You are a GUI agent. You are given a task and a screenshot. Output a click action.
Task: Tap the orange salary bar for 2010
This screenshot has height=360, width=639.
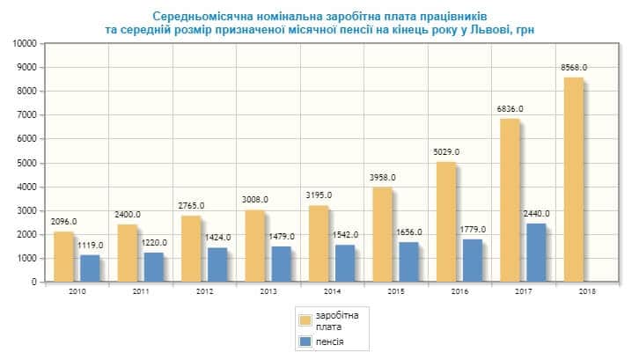click(63, 257)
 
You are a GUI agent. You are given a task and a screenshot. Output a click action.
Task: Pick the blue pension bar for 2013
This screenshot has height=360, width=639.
click(282, 264)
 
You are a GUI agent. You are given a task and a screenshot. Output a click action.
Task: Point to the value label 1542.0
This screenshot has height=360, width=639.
click(345, 235)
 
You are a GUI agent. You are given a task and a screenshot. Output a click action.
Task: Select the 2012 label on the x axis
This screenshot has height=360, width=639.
click(204, 291)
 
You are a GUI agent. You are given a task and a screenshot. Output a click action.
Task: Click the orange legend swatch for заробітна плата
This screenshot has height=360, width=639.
click(307, 320)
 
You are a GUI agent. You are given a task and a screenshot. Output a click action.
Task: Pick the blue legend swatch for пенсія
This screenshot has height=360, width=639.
click(307, 341)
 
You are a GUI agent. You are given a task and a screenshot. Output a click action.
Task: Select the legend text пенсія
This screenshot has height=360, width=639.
click(332, 341)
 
